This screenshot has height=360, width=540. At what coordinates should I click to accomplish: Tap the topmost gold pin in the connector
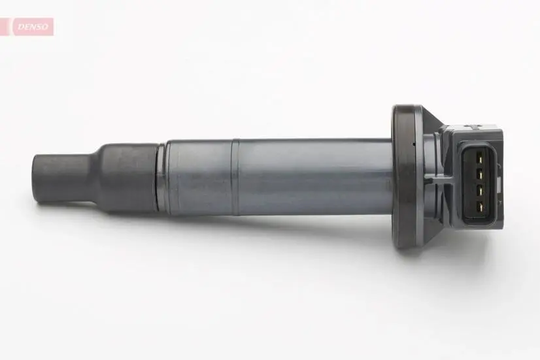pos(479,159)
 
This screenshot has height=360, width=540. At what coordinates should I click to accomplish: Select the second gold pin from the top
pos(479,175)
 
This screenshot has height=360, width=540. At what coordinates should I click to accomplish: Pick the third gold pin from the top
pos(479,191)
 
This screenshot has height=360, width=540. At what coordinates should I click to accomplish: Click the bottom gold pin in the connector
pos(479,206)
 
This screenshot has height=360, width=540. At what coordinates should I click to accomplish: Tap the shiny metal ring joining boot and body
pos(161,178)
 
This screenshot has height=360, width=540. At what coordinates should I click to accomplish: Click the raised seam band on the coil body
pos(235,177)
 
